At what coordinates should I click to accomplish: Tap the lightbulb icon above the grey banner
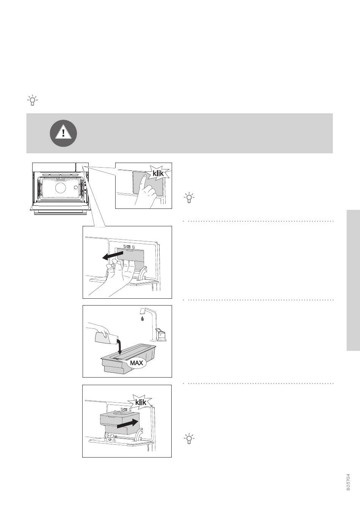pyautogui.click(x=32, y=100)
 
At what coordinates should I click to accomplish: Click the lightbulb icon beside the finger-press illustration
pyautogui.click(x=189, y=198)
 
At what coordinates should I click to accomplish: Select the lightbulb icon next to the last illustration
pyautogui.click(x=189, y=438)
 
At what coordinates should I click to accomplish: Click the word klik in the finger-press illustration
pyautogui.click(x=158, y=173)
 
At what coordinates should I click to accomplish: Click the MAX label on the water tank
pyautogui.click(x=136, y=363)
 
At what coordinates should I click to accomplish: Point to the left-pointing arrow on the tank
pyautogui.click(x=113, y=255)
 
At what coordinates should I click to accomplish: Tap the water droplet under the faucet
pyautogui.click(x=142, y=318)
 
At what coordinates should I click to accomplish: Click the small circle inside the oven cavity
pyautogui.click(x=76, y=187)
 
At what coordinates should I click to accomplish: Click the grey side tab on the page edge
pyautogui.click(x=353, y=280)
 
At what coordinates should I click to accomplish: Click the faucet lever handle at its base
pyautogui.click(x=161, y=334)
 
